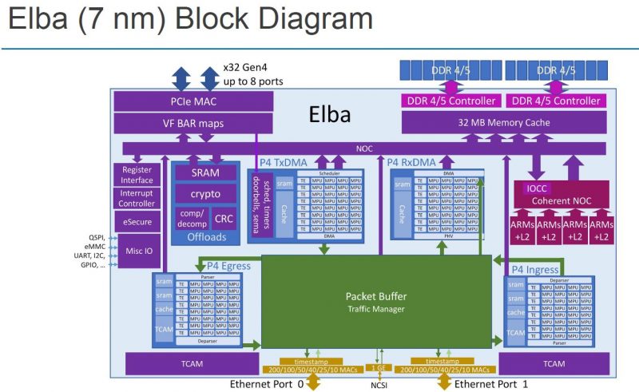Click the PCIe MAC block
tap(193, 101)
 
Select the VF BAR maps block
tap(193, 123)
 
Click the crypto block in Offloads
tap(205, 194)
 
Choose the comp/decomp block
tap(192, 218)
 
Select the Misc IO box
tap(137, 250)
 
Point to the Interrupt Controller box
tap(137, 198)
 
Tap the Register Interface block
tap(137, 175)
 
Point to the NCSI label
tap(379, 384)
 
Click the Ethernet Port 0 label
tap(267, 384)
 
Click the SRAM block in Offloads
tap(205, 172)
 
